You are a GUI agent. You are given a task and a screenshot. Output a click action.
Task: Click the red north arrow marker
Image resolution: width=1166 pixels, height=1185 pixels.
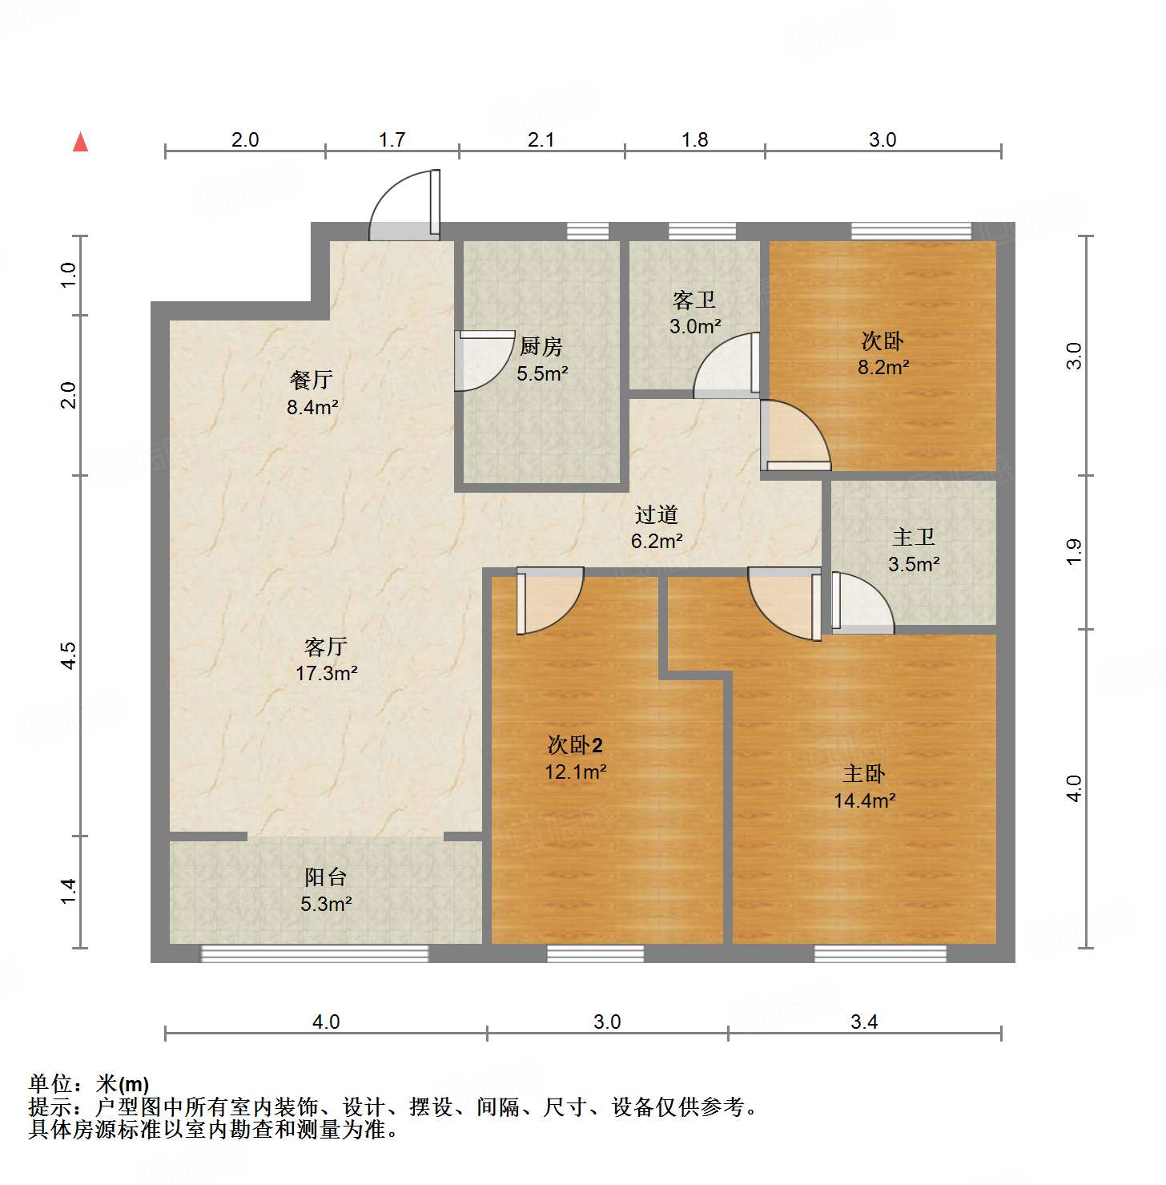(x=80, y=142)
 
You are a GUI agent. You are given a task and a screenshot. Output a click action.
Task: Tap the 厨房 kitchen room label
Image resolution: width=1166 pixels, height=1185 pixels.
(x=541, y=347)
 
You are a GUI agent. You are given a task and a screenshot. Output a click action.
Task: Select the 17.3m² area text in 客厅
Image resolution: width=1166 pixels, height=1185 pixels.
(x=326, y=673)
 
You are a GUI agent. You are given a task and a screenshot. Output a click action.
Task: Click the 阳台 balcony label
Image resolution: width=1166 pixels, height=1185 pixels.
(x=325, y=877)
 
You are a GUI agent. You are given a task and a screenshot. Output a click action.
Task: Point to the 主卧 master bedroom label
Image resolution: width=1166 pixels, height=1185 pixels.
(x=863, y=774)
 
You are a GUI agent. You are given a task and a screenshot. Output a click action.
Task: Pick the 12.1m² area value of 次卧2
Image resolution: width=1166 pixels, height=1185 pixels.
(x=575, y=772)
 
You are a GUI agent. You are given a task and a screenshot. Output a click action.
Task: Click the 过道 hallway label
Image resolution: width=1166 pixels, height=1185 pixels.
(x=657, y=514)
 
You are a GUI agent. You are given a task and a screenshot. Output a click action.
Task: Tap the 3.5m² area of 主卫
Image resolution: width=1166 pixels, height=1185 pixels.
(x=913, y=564)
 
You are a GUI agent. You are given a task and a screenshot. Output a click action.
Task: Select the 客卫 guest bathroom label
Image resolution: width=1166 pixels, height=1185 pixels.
(x=694, y=300)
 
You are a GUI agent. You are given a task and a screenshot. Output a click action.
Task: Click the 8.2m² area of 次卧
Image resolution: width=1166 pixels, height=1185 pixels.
(x=883, y=368)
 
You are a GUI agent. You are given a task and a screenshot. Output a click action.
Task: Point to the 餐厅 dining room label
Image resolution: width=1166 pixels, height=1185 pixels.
(x=311, y=380)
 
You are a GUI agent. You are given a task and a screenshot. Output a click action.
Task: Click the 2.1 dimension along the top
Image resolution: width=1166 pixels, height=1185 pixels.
(x=541, y=139)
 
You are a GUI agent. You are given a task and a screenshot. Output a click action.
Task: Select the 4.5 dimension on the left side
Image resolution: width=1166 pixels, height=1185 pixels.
(x=69, y=655)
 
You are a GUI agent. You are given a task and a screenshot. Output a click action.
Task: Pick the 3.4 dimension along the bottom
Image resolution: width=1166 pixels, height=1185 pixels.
(x=863, y=1022)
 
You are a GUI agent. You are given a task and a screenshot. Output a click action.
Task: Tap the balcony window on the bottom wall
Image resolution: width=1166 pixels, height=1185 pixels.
(x=314, y=953)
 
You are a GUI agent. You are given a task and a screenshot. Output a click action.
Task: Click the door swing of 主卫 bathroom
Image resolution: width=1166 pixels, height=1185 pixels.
(x=862, y=603)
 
